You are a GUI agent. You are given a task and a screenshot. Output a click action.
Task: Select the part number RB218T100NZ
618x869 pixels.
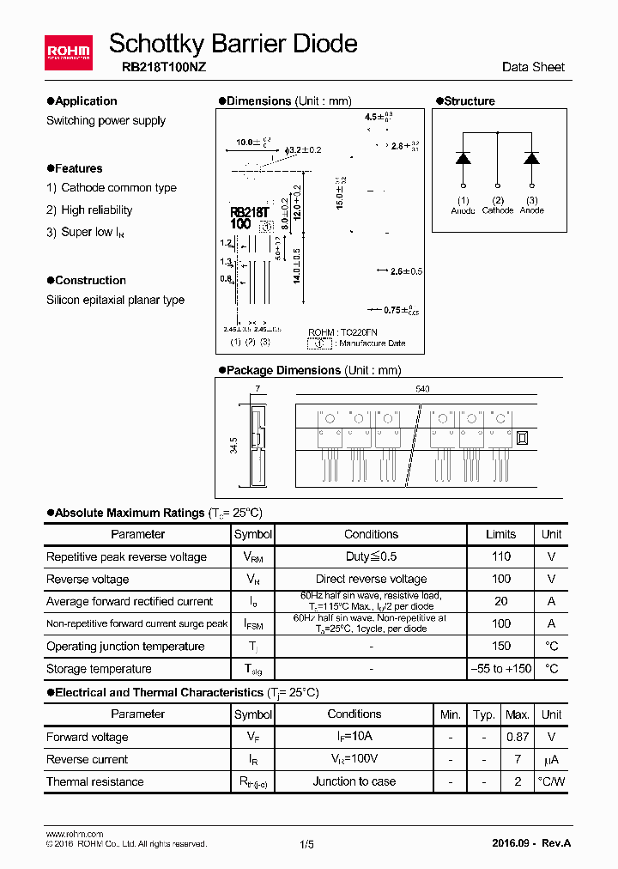point(157,68)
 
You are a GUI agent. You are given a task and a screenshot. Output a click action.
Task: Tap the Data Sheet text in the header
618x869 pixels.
point(533,67)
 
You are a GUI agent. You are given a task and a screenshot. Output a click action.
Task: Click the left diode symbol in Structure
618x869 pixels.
point(463,158)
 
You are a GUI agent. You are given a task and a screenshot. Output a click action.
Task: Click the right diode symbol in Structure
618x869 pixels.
point(531,158)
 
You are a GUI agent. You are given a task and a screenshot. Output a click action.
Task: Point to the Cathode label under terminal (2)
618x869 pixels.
point(498,210)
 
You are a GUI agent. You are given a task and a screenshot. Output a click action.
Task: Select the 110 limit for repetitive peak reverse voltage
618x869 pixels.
point(500,556)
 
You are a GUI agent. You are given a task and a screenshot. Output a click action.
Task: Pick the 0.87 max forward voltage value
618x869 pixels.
point(517,737)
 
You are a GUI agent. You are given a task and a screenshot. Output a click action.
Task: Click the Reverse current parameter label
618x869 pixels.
point(87,759)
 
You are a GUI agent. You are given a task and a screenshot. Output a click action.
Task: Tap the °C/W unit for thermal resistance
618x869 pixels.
point(551,781)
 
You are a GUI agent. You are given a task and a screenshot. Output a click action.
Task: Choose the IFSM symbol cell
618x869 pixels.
point(253,624)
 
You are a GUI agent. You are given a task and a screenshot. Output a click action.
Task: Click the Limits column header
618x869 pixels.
point(500,534)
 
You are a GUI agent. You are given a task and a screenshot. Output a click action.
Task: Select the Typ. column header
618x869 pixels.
point(484,714)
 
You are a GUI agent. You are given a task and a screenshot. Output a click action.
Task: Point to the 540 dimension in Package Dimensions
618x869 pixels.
point(422,389)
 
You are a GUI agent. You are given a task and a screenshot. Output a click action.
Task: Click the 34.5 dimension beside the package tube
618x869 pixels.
point(233,447)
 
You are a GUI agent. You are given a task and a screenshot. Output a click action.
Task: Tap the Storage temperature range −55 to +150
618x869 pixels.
point(500,668)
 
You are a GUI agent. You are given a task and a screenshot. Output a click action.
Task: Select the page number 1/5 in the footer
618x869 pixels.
point(307,844)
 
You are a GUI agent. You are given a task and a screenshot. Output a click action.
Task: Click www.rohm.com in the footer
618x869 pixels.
point(74,834)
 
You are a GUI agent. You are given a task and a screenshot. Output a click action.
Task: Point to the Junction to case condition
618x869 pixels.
point(354,781)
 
